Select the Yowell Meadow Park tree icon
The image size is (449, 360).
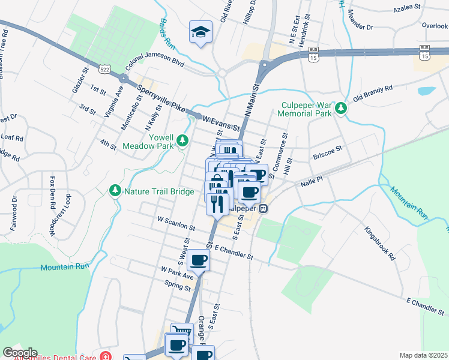182,141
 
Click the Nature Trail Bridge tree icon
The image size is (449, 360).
115,190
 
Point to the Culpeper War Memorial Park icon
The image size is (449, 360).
341,108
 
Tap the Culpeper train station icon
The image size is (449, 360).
263,209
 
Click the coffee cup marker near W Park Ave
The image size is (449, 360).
198,260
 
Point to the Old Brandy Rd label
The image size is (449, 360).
373,93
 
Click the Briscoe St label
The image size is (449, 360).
327,151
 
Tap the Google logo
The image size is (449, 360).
20,353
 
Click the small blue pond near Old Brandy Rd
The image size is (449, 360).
426,91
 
